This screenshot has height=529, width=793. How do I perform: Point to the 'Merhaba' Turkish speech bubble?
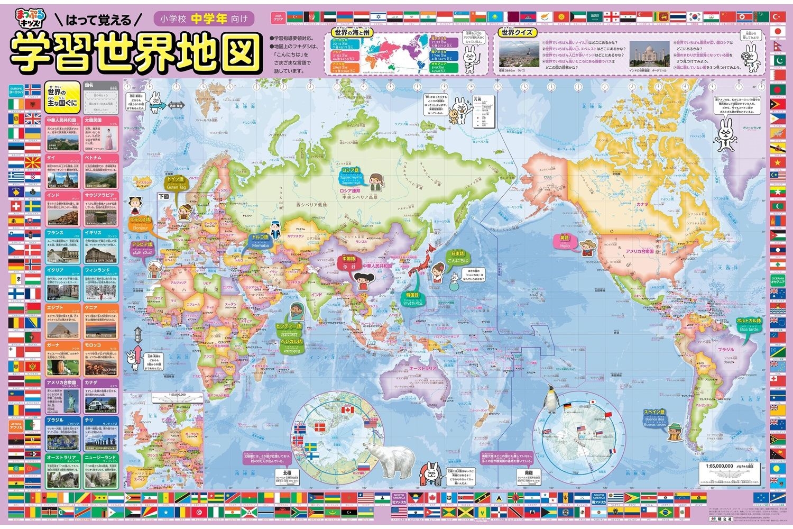point(260,242)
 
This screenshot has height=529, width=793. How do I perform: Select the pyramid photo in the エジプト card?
point(63,329)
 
